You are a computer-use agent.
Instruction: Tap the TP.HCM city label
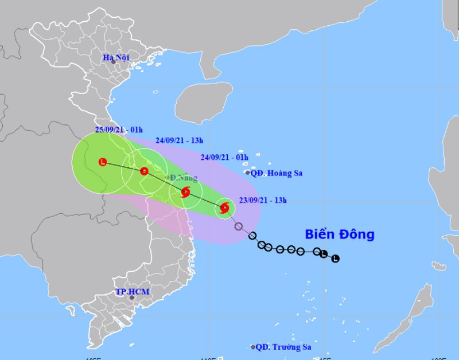tap(132, 292)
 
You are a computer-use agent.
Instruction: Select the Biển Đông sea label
tap(339, 234)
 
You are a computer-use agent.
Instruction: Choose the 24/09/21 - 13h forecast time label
tap(180, 140)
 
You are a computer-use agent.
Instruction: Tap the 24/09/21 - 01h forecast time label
tap(224, 156)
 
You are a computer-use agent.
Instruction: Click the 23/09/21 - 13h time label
tap(263, 200)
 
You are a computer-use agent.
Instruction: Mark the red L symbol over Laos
tap(103, 162)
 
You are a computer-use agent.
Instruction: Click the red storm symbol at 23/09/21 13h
tap(224, 208)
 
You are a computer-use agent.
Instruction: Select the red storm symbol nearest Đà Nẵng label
tap(185, 193)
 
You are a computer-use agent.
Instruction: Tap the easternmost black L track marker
tap(336, 259)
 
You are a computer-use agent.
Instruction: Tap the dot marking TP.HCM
tap(132, 298)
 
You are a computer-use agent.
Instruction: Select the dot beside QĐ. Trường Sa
tap(252, 347)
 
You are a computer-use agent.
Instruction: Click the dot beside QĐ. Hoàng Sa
tap(247, 173)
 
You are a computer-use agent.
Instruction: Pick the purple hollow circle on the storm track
tap(239, 226)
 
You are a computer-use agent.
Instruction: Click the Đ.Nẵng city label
tap(182, 178)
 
